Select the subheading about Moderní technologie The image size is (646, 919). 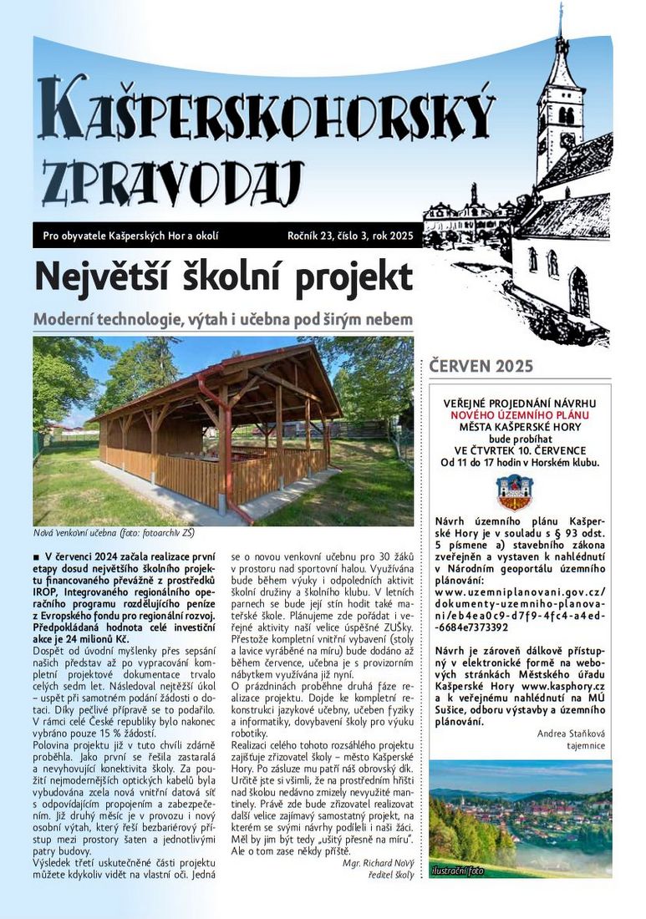(222, 319)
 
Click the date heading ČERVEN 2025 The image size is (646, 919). (481, 366)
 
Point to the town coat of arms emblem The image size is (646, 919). (514, 492)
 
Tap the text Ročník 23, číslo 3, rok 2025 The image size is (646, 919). (349, 236)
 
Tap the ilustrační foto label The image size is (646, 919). (457, 871)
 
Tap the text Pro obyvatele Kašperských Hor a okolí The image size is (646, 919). (130, 236)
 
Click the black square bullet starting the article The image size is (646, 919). (36, 556)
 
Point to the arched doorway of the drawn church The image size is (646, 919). (578, 292)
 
